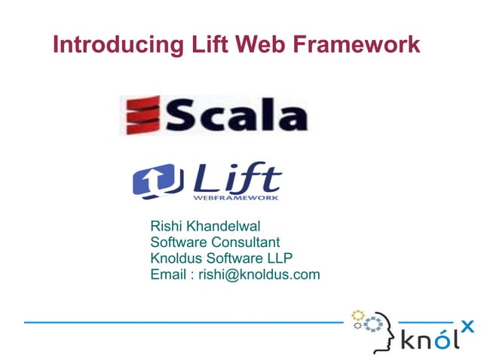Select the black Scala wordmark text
click(x=236, y=117)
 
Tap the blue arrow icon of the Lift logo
click(x=154, y=182)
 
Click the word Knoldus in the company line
click(x=176, y=258)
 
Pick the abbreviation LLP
click(x=279, y=258)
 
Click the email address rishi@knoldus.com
click(x=259, y=274)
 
